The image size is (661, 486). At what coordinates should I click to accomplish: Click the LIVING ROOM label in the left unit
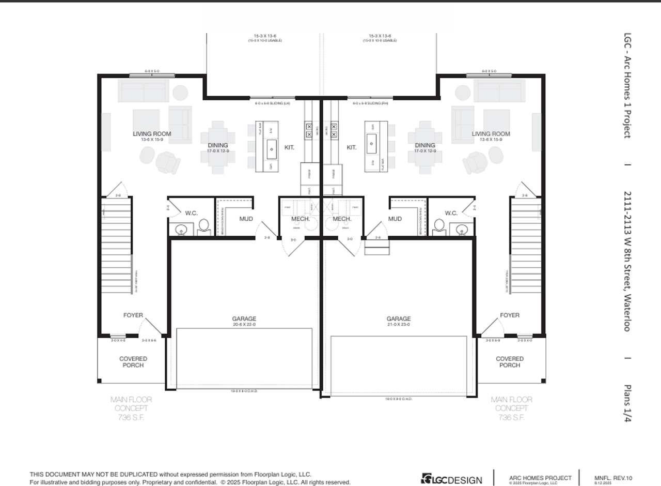click(x=152, y=134)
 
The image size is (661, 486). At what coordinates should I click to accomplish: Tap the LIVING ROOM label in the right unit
click(x=491, y=134)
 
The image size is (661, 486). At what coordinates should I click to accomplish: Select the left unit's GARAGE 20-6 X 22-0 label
click(x=244, y=319)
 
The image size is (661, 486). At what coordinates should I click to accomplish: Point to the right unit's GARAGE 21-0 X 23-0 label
click(x=399, y=319)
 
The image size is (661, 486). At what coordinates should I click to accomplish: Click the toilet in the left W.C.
click(x=203, y=226)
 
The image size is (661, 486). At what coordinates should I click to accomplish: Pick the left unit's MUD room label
click(x=246, y=219)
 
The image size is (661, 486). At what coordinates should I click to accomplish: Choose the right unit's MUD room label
click(x=395, y=219)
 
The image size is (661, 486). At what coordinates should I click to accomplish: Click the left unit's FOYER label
click(x=133, y=315)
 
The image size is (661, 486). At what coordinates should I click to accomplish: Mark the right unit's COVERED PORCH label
click(x=510, y=362)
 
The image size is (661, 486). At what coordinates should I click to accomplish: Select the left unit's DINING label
click(x=218, y=145)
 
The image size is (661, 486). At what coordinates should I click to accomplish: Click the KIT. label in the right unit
click(x=352, y=147)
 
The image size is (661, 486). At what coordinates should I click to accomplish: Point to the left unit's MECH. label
click(x=301, y=219)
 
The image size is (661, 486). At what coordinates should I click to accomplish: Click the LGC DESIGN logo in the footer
click(x=451, y=479)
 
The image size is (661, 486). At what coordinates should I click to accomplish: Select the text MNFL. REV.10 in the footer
click(x=613, y=478)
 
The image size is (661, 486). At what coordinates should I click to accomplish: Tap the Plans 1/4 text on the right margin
click(x=627, y=403)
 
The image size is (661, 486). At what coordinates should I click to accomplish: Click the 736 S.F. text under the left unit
click(x=131, y=417)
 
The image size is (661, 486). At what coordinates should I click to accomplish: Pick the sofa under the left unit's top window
click(x=144, y=92)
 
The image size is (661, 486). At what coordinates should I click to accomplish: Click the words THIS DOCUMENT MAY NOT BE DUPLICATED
click(x=93, y=474)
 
